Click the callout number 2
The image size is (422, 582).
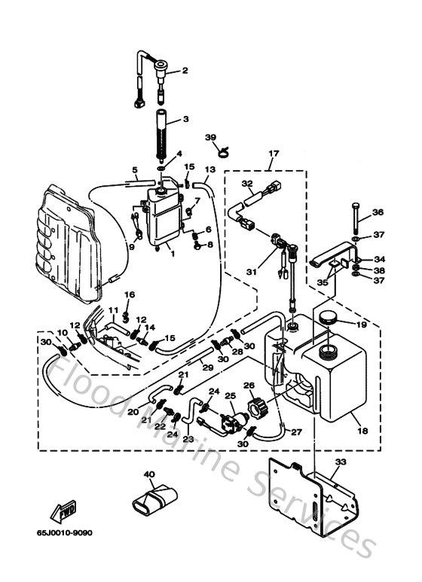pos(183,72)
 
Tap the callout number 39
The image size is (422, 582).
pos(211,137)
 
